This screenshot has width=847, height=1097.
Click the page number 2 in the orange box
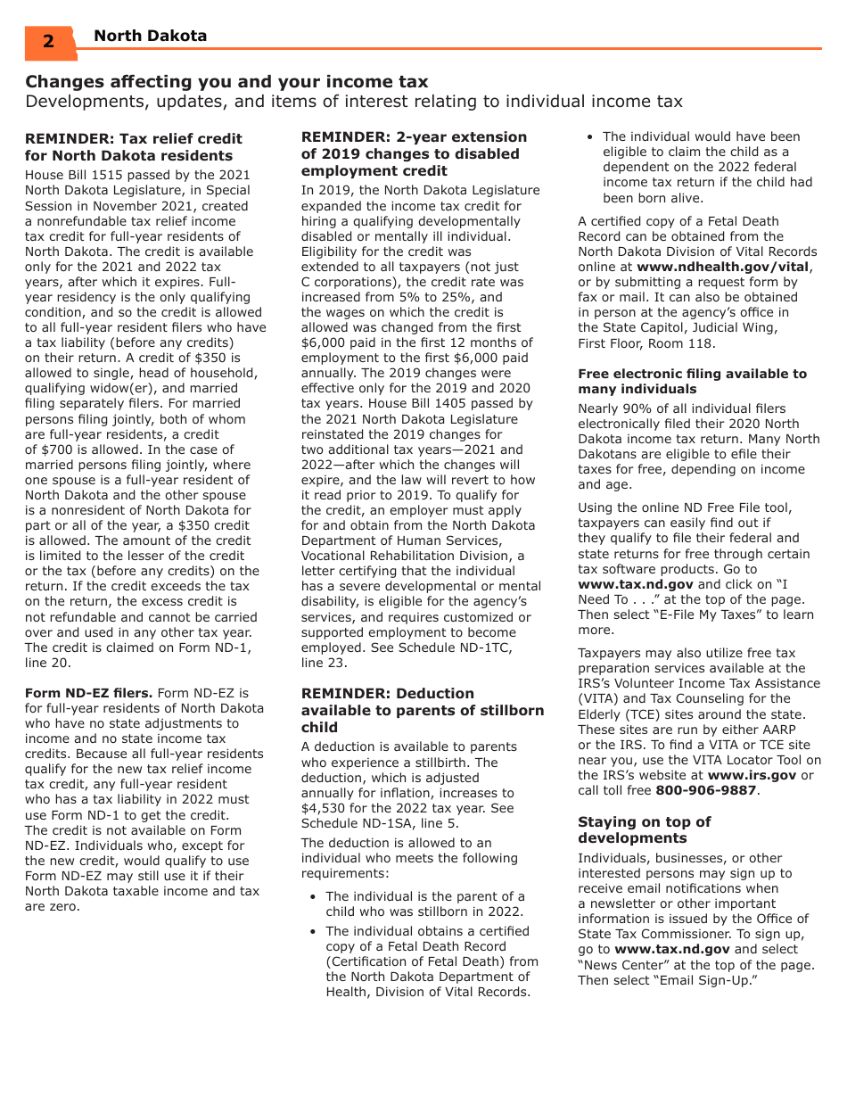(48, 42)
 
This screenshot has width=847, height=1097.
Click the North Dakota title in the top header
(150, 36)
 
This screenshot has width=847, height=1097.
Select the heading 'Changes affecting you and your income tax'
(226, 81)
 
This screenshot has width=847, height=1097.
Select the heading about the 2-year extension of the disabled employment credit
(414, 153)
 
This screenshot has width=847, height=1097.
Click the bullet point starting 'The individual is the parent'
(424, 903)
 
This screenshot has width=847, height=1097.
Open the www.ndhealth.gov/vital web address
(722, 267)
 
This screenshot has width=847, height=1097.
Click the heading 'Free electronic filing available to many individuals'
(692, 381)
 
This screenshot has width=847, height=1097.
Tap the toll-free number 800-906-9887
(705, 790)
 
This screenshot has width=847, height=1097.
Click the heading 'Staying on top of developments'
(644, 829)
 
